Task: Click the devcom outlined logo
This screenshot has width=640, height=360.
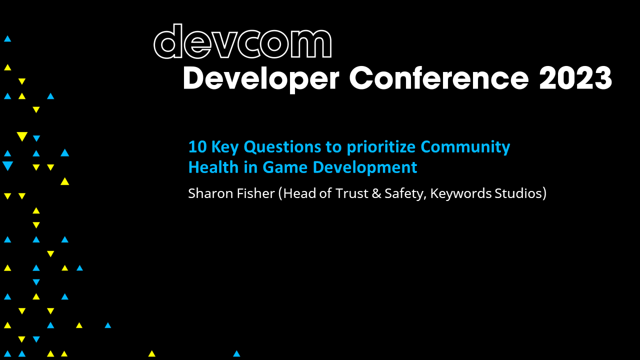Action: point(242,42)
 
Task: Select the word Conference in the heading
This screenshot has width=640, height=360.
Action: point(438,78)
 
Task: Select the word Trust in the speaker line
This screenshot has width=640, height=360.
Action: point(352,193)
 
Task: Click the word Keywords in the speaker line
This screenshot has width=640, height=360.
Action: point(460,193)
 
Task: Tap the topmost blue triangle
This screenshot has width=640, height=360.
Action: point(7,38)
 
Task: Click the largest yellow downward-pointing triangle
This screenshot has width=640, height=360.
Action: point(21,136)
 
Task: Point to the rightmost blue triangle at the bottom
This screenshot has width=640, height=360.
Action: point(236,353)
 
